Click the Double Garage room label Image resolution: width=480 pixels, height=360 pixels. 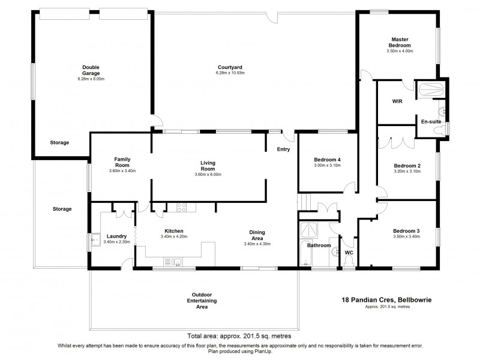pos(91,70)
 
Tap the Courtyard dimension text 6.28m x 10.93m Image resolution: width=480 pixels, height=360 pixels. pos(230,73)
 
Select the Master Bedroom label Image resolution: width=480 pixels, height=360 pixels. pos(400,43)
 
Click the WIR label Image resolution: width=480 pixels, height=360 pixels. pos(397,101)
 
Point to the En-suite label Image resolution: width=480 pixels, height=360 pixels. pos(430,121)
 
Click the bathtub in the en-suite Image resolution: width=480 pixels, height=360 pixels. pos(431,90)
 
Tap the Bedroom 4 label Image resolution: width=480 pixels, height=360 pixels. pos(327,159)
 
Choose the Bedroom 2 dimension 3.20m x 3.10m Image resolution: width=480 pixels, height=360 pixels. pos(407,171)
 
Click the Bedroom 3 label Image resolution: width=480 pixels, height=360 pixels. pos(406,231)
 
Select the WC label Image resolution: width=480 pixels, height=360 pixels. pos(349,253)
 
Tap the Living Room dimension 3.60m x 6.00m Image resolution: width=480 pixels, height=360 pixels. pos(208,175)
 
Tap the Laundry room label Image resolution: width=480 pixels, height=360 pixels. pos(116,236)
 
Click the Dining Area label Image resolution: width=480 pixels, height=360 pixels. pos(258,235)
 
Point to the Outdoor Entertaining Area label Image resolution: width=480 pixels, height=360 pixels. pos(201,300)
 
